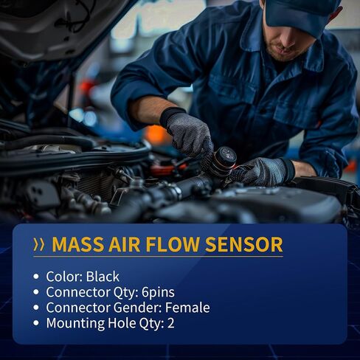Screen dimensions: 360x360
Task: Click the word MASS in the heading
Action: [78, 244]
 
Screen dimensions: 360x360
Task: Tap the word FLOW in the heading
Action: [173, 244]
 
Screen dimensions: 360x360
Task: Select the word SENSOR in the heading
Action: [244, 244]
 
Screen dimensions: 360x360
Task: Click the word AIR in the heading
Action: [125, 244]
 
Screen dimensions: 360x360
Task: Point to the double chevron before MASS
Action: [39, 244]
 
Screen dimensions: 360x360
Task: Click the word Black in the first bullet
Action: [103, 277]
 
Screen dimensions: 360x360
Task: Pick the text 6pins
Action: [158, 293]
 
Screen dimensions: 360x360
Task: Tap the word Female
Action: [187, 308]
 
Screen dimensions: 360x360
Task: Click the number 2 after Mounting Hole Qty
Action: [170, 323]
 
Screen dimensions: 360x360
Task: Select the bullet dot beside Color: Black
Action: [36, 277]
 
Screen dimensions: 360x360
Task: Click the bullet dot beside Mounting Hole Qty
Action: [36, 323]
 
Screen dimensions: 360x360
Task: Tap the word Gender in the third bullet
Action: [137, 308]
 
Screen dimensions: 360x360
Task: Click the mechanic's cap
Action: [302, 14]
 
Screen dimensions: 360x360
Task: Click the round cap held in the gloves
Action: [224, 159]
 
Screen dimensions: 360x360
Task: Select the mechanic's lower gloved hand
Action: [261, 171]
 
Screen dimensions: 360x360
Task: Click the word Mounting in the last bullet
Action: [75, 324]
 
